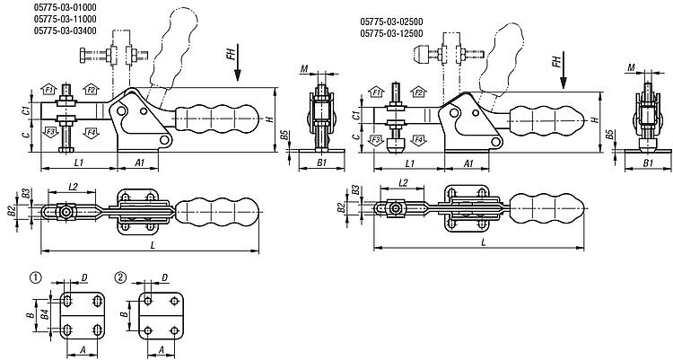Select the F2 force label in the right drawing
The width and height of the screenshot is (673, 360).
tap(419, 92)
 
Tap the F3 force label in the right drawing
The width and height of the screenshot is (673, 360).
tap(376, 140)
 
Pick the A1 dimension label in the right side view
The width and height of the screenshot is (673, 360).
tap(470, 163)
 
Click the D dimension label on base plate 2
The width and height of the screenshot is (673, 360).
tap(165, 278)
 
